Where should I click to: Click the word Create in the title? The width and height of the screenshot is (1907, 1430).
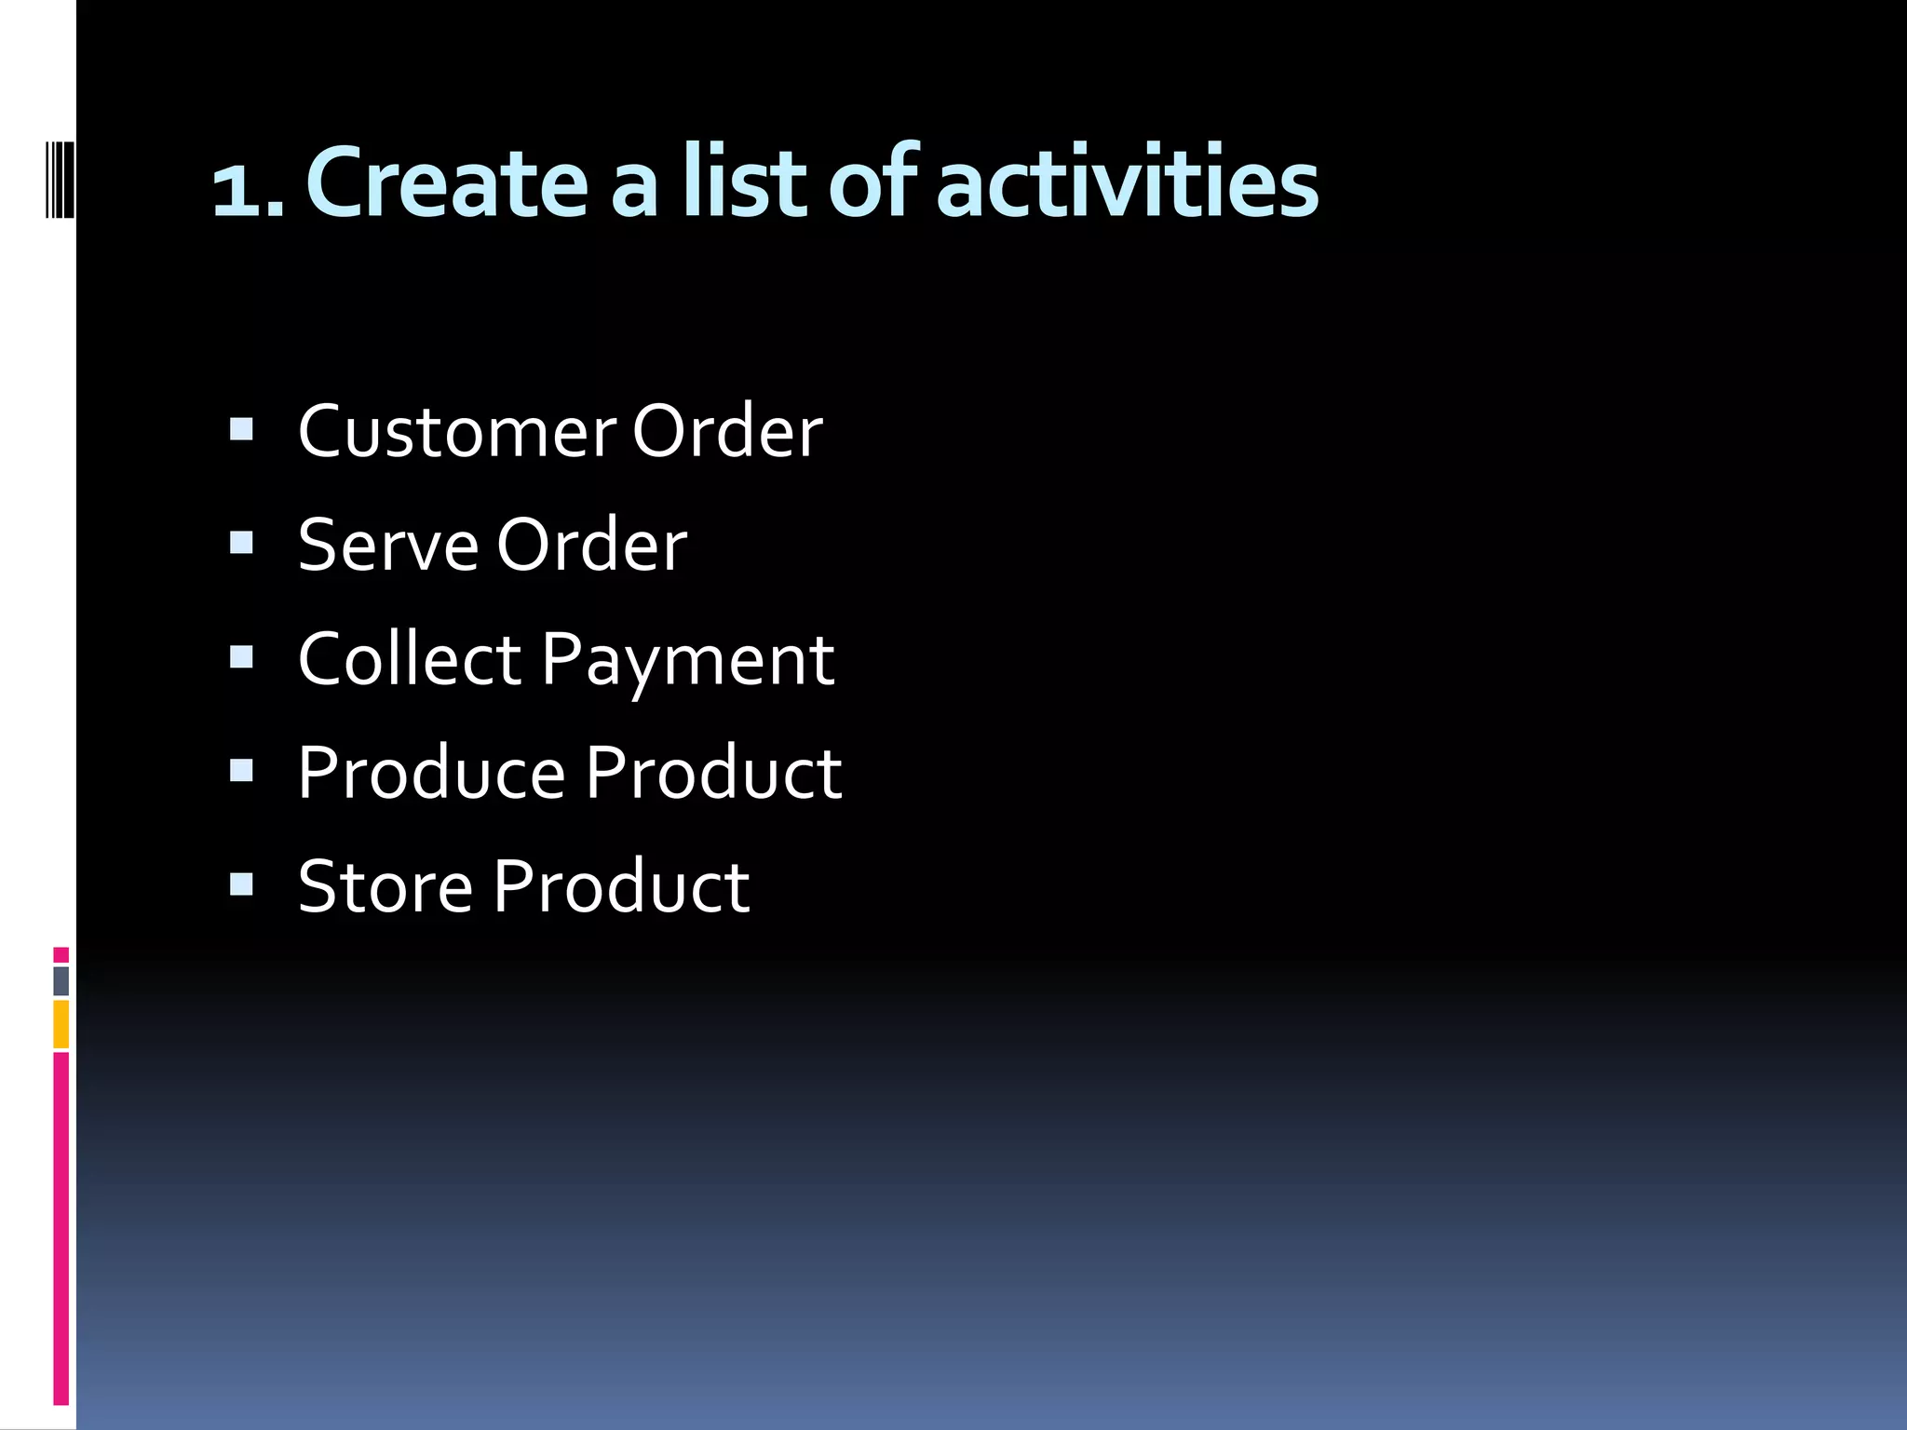point(447,182)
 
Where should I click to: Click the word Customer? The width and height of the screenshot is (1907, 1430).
point(456,432)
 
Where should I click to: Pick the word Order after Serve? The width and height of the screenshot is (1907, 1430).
point(591,546)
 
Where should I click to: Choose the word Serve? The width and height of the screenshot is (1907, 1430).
point(388,546)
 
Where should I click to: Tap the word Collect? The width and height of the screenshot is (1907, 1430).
point(410,659)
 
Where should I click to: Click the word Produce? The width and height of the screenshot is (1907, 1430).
point(431,773)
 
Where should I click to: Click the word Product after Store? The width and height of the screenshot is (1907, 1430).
point(621,886)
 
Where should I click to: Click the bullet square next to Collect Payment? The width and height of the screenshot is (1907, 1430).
point(241,657)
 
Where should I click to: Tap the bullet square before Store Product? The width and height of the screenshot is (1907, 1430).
point(241,884)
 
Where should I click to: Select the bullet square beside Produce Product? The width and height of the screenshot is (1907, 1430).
point(241,770)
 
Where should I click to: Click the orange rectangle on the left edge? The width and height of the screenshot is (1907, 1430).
point(61,1024)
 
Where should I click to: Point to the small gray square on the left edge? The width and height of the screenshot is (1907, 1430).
point(61,980)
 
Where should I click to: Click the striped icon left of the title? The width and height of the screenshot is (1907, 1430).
point(60,177)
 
